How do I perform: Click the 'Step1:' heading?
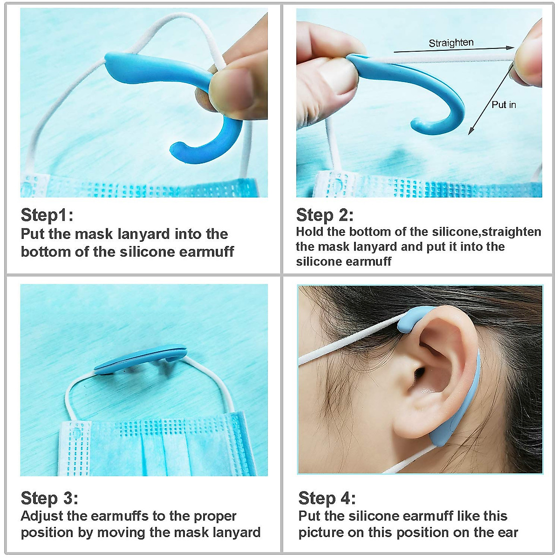coord(47,215)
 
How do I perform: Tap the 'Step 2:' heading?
coord(325,215)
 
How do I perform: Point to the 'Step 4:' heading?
coord(327,498)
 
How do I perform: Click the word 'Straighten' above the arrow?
coord(451,43)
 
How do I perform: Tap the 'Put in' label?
coord(504,105)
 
